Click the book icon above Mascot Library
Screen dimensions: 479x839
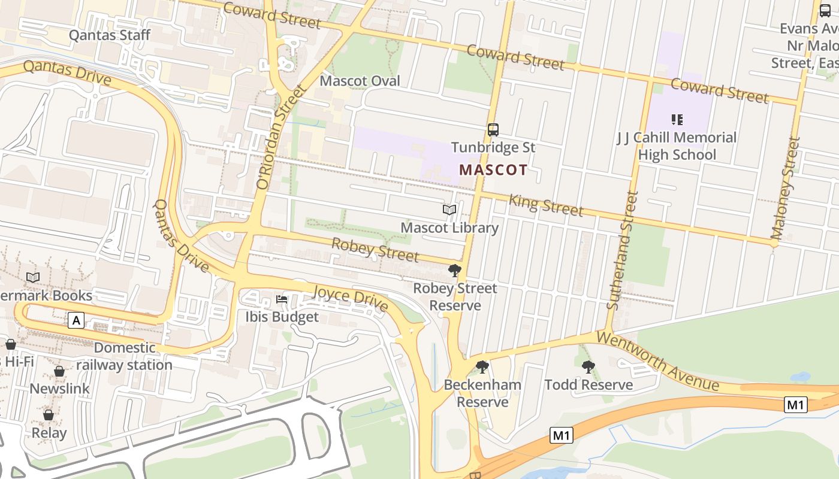click(449, 210)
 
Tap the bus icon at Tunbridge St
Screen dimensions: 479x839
click(493, 129)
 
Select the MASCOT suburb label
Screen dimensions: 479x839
click(493, 169)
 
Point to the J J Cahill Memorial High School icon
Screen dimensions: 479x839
click(677, 120)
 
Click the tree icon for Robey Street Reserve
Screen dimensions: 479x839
click(455, 271)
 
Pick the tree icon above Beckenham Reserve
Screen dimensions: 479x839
click(482, 367)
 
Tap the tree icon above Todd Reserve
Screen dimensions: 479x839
click(588, 367)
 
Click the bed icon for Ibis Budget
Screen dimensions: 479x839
click(282, 299)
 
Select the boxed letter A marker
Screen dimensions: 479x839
click(76, 320)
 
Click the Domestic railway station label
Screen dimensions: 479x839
click(125, 356)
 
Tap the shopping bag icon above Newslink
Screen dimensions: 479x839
click(59, 371)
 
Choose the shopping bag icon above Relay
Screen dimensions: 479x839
click(49, 415)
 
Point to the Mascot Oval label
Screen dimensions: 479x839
click(360, 81)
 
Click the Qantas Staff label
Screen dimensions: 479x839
click(110, 35)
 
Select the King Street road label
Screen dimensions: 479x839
click(546, 205)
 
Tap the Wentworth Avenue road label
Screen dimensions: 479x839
click(657, 361)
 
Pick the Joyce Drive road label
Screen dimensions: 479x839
click(350, 298)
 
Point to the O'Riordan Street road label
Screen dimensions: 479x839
click(281, 138)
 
